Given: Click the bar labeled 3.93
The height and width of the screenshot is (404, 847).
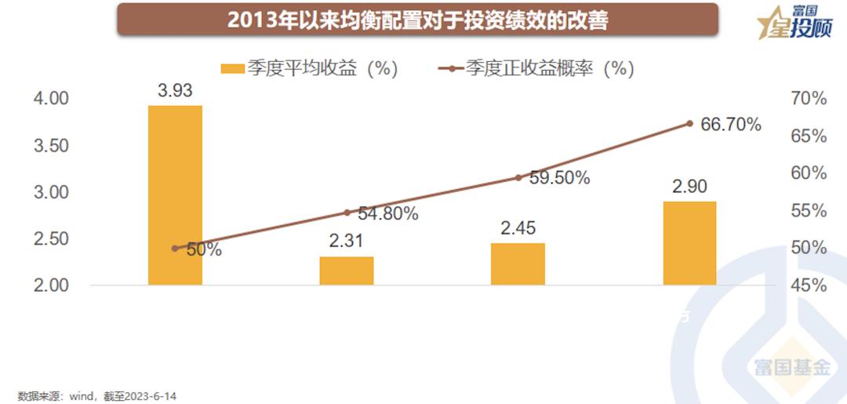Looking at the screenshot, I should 175,195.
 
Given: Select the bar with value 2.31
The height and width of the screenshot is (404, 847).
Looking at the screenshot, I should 347,271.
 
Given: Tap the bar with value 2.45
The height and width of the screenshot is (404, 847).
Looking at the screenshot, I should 518,264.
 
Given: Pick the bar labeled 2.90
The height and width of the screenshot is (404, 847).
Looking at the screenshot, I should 689,243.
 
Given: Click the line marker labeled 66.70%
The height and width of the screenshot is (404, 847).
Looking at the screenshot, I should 689,123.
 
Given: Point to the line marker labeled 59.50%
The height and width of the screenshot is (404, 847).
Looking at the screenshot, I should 518,177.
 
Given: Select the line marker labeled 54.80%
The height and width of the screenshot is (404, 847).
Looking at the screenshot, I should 347,213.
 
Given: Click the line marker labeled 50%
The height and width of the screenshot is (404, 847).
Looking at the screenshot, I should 175,248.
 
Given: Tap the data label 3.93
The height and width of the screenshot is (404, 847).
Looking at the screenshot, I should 175,90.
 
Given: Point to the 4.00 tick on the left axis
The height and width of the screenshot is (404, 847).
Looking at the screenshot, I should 51,99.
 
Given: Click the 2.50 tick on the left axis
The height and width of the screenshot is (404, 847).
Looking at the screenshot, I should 51,238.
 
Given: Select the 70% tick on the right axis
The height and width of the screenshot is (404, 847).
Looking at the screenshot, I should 809,99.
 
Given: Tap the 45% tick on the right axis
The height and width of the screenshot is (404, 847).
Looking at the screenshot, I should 809,285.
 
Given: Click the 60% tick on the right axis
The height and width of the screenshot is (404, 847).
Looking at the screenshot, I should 809,173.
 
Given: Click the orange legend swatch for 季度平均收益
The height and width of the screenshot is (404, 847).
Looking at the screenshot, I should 232,69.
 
